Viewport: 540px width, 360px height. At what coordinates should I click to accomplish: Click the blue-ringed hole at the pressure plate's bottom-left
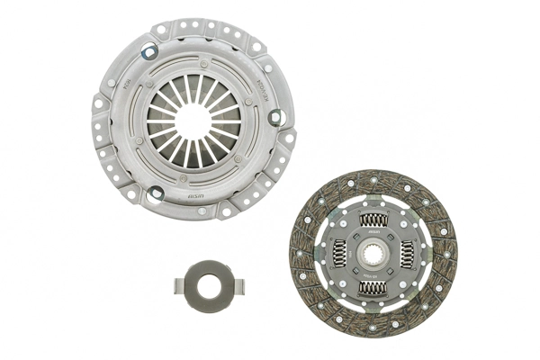tap(155, 192)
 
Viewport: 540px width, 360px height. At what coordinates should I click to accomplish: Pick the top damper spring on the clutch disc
tap(372, 219)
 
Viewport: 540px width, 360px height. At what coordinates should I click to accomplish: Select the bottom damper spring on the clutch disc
tap(372, 288)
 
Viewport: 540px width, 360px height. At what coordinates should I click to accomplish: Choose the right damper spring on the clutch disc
tap(407, 254)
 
